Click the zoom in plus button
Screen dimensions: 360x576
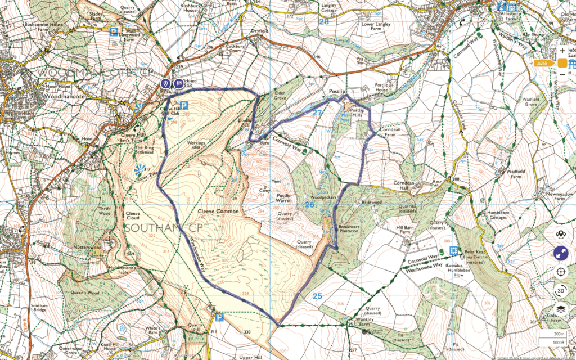[562, 51]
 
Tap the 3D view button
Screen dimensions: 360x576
[560, 291]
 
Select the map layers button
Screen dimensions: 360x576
[560, 309]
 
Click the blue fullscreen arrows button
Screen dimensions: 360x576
[560, 254]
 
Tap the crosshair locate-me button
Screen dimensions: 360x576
[560, 272]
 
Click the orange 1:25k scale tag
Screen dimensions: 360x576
[543, 64]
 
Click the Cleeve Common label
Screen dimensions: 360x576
[218, 211]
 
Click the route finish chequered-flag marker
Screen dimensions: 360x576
[178, 84]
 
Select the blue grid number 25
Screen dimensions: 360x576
[317, 295]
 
